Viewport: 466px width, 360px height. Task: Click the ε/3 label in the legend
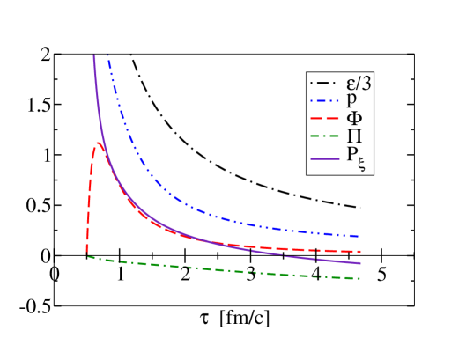[x=355, y=84]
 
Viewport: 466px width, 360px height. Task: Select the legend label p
[x=351, y=100]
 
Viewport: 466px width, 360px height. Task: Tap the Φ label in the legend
[x=353, y=118]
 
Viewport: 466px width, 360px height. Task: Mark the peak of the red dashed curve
[x=98, y=143]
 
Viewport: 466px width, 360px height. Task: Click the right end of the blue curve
[x=359, y=236]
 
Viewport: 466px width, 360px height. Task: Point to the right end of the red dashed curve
[x=360, y=252]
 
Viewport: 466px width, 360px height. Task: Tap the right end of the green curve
[x=360, y=279]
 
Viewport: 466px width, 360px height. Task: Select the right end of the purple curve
[x=360, y=262]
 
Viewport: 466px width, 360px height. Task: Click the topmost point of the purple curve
[x=93, y=56]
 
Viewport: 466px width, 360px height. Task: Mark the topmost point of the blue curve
[x=107, y=56]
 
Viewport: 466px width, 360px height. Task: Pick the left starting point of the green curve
[x=88, y=257]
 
